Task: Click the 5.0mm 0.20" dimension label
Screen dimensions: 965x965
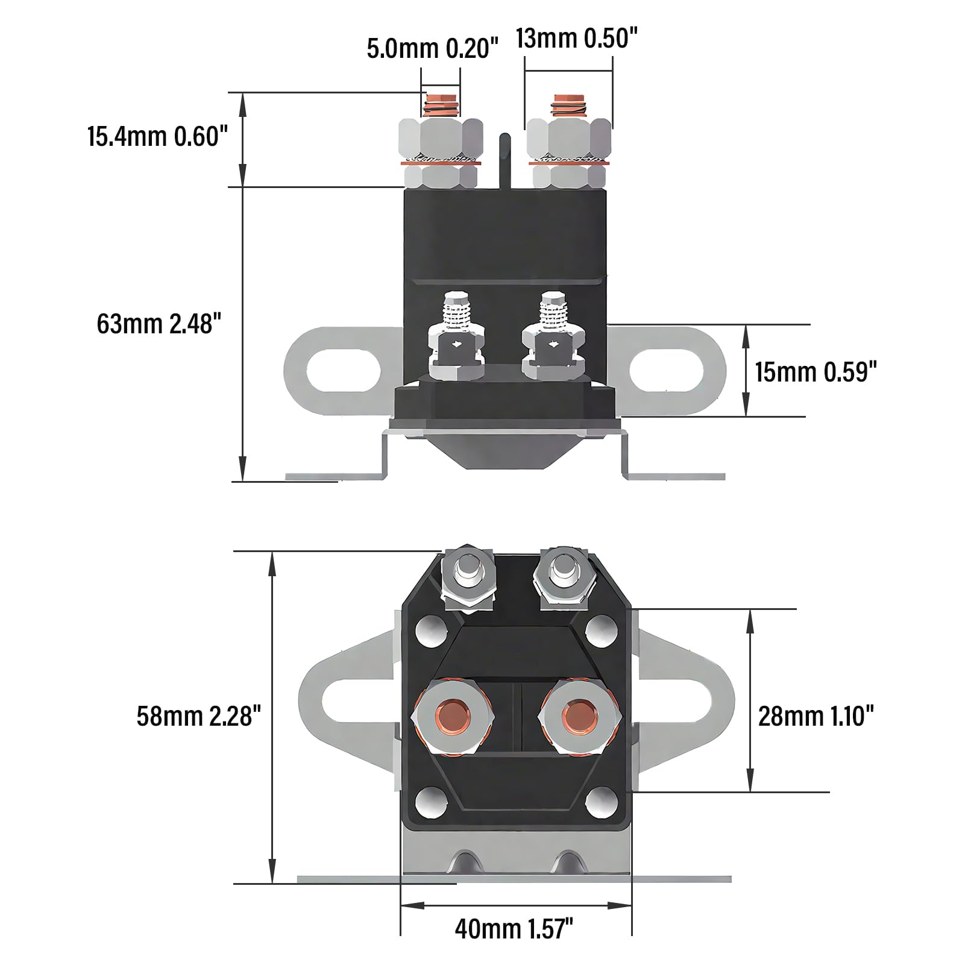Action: [433, 49]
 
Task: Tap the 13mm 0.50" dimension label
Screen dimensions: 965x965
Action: [576, 39]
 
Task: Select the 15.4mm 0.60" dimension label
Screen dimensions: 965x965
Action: [157, 136]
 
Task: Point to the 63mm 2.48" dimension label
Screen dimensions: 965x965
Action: [155, 324]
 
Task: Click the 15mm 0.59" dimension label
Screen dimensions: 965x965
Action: [816, 372]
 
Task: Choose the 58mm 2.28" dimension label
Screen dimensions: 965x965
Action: [199, 717]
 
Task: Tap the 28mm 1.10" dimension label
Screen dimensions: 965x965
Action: [816, 717]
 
